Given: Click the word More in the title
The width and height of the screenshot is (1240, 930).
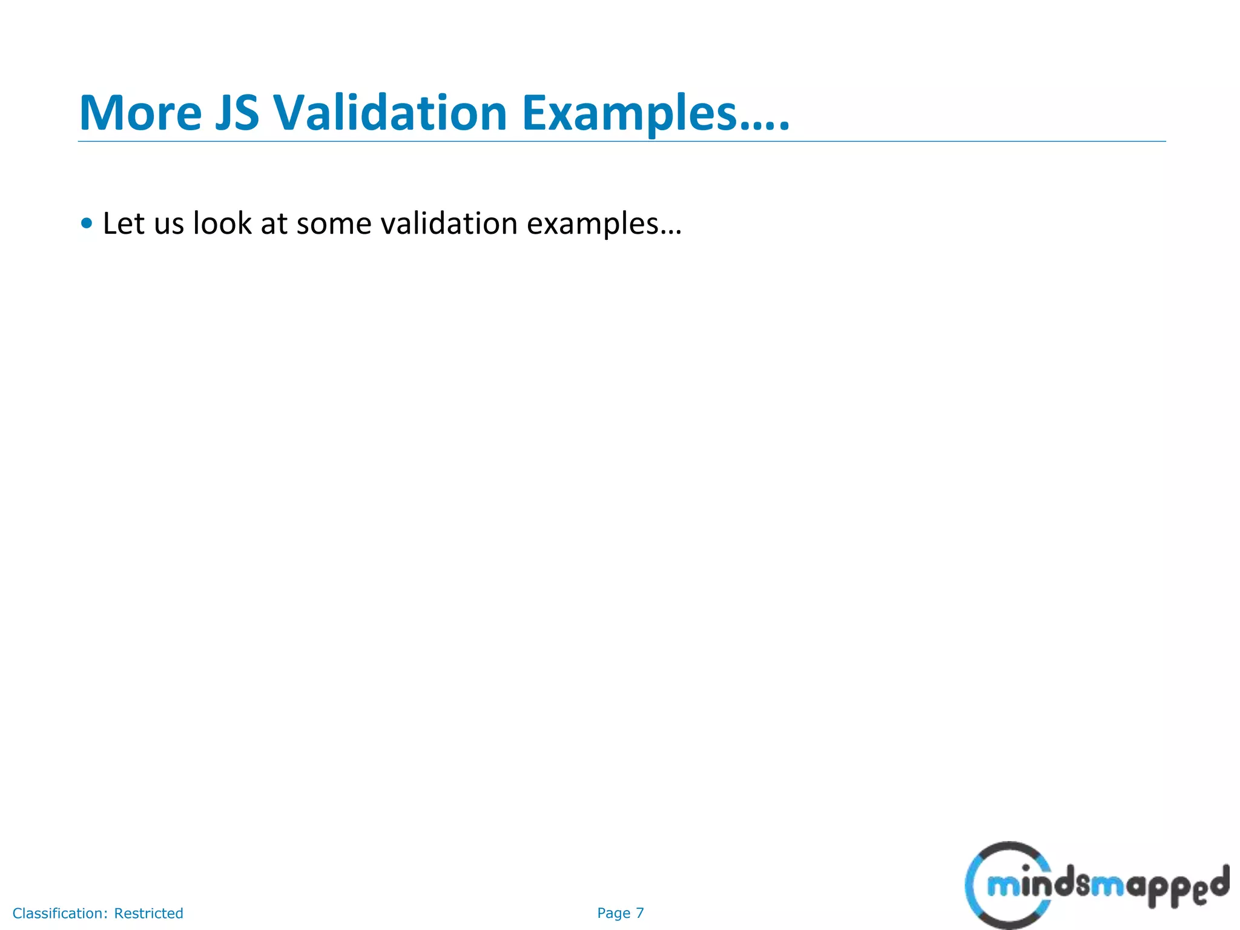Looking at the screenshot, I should pos(140,113).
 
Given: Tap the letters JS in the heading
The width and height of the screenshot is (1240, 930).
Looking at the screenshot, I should pos(237,113).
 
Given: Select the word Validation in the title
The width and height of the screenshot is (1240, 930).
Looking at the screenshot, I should pos(390,113).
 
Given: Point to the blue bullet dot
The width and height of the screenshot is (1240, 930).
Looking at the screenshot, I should pos(87,223).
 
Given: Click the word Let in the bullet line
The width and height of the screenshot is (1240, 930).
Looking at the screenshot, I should pos(124,223).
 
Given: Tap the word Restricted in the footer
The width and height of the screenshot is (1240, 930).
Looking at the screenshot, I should pos(148,913).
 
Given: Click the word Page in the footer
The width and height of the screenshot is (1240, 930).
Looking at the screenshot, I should pos(613,913).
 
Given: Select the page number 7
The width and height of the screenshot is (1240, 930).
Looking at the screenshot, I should pos(640,913).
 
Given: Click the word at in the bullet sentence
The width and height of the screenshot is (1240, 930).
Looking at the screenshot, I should pos(274,224).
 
